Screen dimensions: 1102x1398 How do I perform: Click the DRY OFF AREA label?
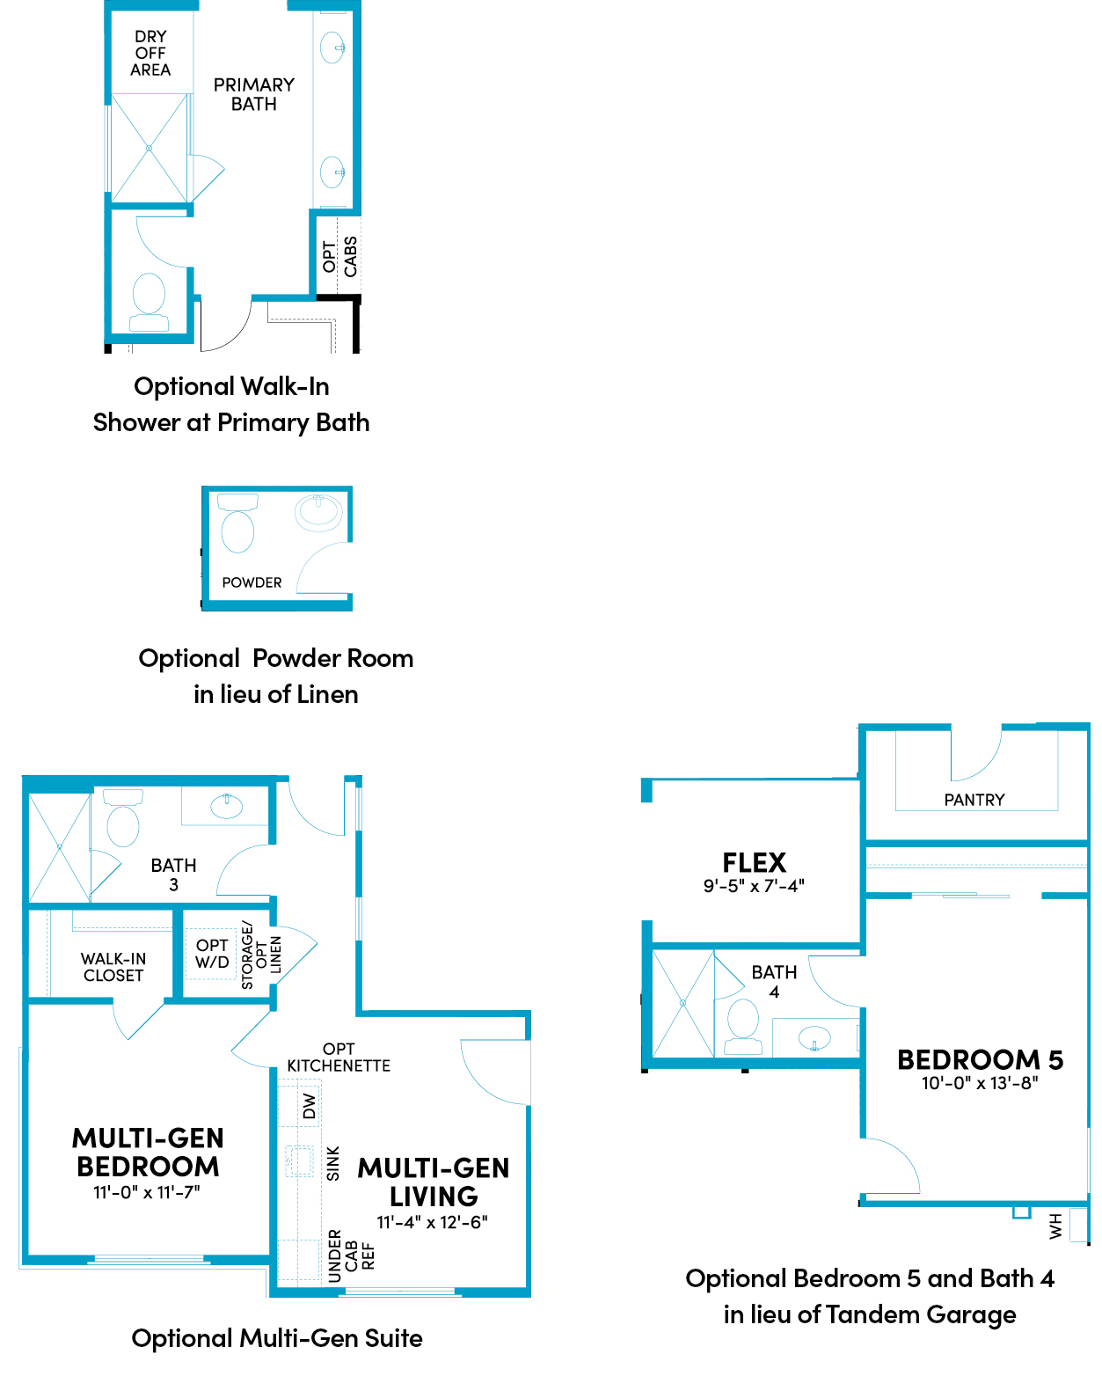pos(150,54)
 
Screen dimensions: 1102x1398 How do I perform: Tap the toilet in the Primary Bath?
pos(149,302)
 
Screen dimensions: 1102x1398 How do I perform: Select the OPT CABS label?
pos(339,256)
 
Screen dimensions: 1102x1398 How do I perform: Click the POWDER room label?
pos(252,582)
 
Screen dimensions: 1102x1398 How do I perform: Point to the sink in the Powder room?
pos(318,513)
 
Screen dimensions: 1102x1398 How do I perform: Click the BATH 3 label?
pos(173,875)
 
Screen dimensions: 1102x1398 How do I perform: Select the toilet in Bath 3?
pos(123,818)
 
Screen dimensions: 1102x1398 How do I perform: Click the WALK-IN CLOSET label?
pos(113,967)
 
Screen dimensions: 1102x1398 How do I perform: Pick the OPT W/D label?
pos(212,954)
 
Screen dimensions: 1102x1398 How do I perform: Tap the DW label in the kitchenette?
pos(309,1106)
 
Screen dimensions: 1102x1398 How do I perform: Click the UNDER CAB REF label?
pos(351,1255)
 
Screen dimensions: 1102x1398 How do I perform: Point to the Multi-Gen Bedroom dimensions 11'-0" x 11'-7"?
pos(147,1192)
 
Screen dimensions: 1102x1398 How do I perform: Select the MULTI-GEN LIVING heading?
pos(434,1182)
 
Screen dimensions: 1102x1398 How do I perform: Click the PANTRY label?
pos(974,800)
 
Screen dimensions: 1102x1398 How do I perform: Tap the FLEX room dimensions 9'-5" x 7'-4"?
pos(754,886)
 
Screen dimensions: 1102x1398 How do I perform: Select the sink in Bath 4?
pos(814,1037)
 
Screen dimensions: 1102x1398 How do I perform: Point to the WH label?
pos(1055,1226)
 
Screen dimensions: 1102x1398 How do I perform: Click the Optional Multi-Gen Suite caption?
pos(277,1338)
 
